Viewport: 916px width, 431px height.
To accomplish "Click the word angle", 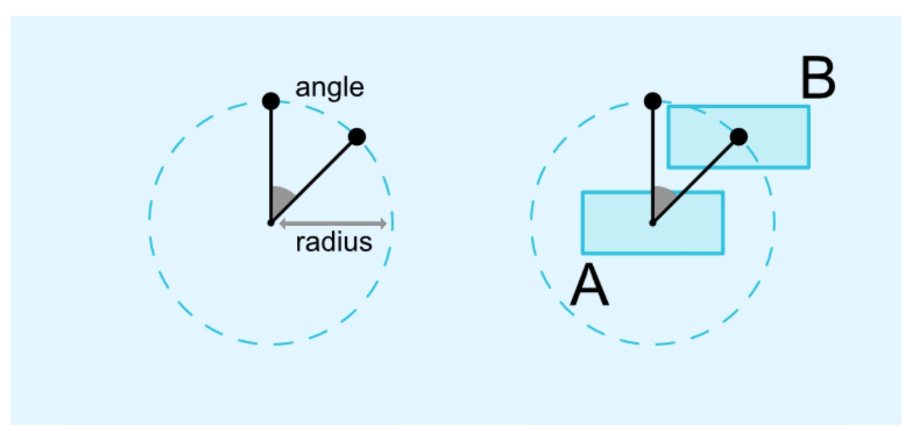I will click(x=330, y=88).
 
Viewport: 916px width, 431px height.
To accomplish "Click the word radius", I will click(x=334, y=242).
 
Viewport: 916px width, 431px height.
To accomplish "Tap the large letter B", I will click(x=818, y=80).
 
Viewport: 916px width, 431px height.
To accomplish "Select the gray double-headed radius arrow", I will click(x=332, y=223).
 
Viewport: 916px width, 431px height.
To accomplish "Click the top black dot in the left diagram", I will click(x=271, y=101).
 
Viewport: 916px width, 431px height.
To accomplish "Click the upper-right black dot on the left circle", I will click(x=357, y=137).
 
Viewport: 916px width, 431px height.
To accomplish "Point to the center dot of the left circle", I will click(x=270, y=222).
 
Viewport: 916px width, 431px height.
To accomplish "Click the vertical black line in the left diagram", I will click(x=271, y=161).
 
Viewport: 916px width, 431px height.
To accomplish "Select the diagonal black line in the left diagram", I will click(x=314, y=179).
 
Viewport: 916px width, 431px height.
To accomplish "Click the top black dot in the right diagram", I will click(x=653, y=101).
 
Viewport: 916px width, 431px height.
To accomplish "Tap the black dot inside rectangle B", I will click(x=739, y=137).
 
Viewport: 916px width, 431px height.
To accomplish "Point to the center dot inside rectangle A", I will click(x=653, y=222).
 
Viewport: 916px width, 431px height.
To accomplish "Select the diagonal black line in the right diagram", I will click(x=696, y=179).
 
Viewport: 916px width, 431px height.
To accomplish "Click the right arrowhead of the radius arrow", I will click(x=384, y=223).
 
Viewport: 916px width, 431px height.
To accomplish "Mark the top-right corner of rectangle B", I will click(x=809, y=106).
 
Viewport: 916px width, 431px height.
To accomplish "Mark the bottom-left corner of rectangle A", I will click(x=583, y=253).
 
